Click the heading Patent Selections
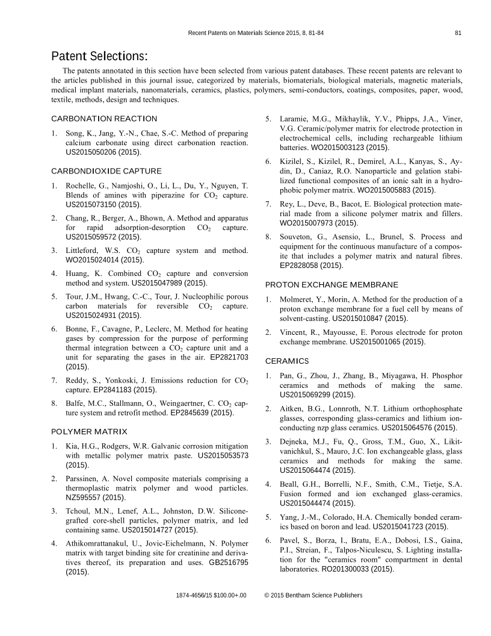[x=99, y=56]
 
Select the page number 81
[x=458, y=33]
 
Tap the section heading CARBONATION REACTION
[x=104, y=119]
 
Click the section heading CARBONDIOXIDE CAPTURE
[x=107, y=171]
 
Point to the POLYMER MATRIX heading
[x=89, y=431]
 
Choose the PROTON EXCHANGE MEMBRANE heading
[x=332, y=284]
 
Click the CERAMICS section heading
[x=287, y=361]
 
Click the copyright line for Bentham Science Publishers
[x=313, y=595]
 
